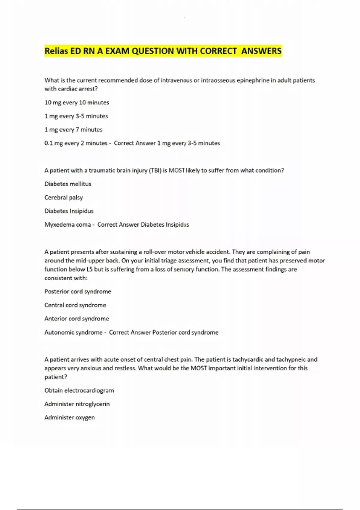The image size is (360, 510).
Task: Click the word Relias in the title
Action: [56, 51]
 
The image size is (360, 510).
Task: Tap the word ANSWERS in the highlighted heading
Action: [261, 51]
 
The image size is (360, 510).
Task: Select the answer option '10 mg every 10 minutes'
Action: [77, 103]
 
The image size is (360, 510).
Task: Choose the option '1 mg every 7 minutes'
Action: [73, 130]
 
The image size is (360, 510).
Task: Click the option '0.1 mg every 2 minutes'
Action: [76, 143]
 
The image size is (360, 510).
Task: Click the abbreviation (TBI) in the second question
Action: [155, 170]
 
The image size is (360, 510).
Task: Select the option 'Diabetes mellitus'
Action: [68, 184]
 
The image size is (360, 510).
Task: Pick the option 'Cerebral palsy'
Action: [64, 197]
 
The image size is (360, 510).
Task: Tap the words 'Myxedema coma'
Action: [67, 225]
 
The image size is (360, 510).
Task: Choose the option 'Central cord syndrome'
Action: [75, 305]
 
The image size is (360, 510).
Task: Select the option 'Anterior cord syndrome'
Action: [77, 319]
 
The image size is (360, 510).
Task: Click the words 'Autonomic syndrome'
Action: [73, 332]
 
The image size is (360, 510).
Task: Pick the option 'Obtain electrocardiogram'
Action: [79, 391]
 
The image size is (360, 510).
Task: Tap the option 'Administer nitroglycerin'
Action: [77, 404]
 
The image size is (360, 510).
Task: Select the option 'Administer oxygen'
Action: [70, 418]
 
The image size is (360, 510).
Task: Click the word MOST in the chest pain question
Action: [199, 368]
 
